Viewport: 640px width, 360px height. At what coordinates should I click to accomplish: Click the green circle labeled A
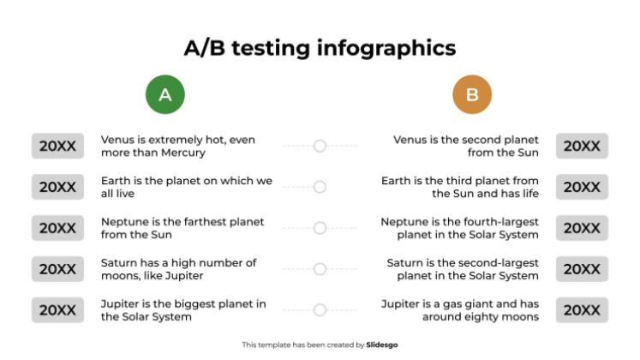pos(165,95)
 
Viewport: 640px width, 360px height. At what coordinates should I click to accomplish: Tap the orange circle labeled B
pos(472,95)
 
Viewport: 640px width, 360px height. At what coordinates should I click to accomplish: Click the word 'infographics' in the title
pos(386,47)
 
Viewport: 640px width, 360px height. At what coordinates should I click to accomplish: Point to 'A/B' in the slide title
pos(205,47)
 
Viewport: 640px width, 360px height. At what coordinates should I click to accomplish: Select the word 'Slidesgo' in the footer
pos(382,345)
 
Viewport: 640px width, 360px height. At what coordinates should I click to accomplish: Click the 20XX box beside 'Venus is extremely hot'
pos(57,147)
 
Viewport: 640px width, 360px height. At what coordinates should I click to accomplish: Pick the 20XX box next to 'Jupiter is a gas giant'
pos(582,310)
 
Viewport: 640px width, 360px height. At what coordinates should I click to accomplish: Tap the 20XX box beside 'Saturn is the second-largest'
pos(582,269)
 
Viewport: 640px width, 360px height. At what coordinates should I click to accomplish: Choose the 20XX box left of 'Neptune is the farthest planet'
pos(57,228)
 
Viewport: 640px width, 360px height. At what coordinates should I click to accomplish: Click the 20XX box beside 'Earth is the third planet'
pos(582,187)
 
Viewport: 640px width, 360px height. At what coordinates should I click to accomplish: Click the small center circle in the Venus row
pos(320,147)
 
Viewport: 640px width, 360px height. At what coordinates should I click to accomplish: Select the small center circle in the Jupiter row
pos(320,310)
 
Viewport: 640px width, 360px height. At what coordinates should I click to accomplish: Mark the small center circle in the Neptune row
pos(320,228)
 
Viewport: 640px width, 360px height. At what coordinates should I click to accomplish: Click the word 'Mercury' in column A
pos(182,153)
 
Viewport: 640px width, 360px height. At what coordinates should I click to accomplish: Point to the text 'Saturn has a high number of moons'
pos(178,269)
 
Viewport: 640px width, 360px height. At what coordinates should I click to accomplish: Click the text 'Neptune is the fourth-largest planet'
pos(460,228)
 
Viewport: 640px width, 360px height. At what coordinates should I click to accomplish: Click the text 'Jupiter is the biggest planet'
pos(183,310)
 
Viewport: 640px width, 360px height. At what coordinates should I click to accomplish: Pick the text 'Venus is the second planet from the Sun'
pos(466,147)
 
